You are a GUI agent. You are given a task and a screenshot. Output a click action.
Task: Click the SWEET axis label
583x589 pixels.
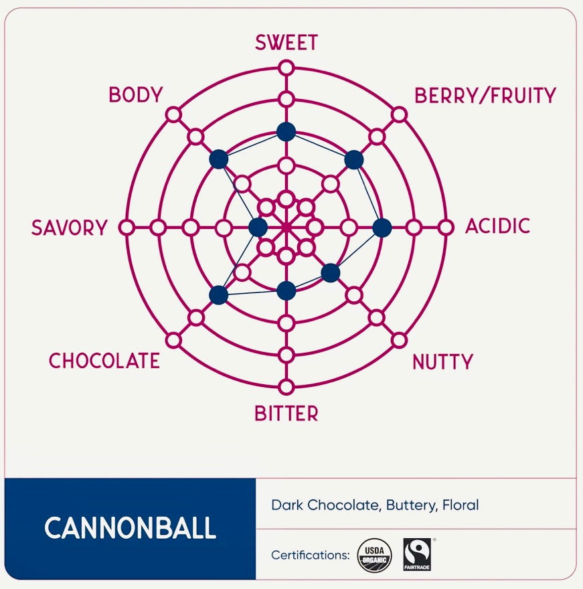(286, 43)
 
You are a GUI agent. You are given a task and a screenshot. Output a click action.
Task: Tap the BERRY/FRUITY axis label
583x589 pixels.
(485, 96)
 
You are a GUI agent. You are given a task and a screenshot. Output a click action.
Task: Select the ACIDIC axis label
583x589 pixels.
(497, 226)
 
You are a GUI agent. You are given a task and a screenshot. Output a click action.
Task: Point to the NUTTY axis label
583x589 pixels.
(442, 362)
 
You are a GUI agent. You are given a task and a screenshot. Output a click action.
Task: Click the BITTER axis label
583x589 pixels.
(286, 414)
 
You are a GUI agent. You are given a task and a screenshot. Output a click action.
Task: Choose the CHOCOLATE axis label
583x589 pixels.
(104, 361)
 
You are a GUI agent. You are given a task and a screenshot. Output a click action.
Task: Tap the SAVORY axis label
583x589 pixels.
(69, 228)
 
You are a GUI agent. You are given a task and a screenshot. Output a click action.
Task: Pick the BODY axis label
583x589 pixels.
(136, 95)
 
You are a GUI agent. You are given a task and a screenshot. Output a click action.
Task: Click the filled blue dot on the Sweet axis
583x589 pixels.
(286, 132)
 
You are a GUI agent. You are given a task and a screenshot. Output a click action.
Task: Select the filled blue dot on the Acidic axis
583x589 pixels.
(382, 228)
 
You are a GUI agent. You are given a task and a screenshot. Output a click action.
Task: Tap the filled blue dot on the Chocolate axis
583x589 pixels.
(218, 294)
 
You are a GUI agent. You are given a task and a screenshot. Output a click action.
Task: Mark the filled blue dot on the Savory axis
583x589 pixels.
(258, 228)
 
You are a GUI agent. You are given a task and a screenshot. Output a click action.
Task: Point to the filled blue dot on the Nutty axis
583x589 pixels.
(330, 272)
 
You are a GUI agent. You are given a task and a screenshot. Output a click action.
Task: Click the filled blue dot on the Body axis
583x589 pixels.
(218, 159)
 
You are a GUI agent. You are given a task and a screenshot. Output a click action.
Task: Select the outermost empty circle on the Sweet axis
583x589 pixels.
(286, 68)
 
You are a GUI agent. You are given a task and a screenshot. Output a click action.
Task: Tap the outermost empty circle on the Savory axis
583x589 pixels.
(126, 228)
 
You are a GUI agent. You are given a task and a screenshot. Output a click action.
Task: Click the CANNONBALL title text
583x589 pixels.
(130, 528)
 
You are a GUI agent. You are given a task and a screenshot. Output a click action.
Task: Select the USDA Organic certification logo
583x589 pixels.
(376, 554)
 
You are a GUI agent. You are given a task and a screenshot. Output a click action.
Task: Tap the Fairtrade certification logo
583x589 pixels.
(417, 554)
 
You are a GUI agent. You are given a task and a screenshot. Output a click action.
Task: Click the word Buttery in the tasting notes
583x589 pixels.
(411, 505)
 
